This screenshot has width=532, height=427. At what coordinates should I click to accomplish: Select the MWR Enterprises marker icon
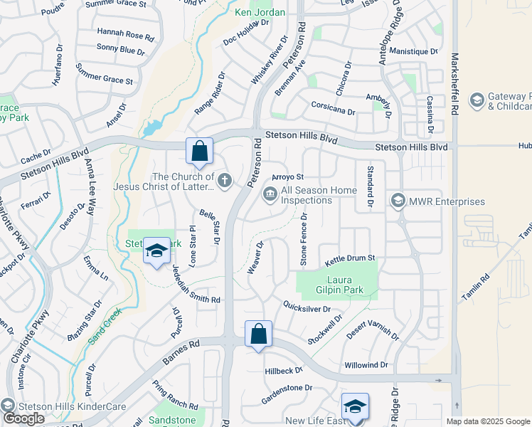pos(398,201)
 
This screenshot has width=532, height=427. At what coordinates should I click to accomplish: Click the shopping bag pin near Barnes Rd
pos(258,334)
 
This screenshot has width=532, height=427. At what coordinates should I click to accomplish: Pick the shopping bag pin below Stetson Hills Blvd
pos(200,151)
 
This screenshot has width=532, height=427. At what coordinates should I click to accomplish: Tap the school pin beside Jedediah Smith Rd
pos(156,251)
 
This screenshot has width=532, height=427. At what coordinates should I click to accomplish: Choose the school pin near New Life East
pos(355,406)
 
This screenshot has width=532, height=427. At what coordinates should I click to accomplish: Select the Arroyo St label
pos(289,177)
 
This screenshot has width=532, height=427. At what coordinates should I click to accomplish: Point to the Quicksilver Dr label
pos(307,309)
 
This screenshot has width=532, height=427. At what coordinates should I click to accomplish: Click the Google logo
pos(23,418)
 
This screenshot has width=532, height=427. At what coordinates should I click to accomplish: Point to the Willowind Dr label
pos(366,364)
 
